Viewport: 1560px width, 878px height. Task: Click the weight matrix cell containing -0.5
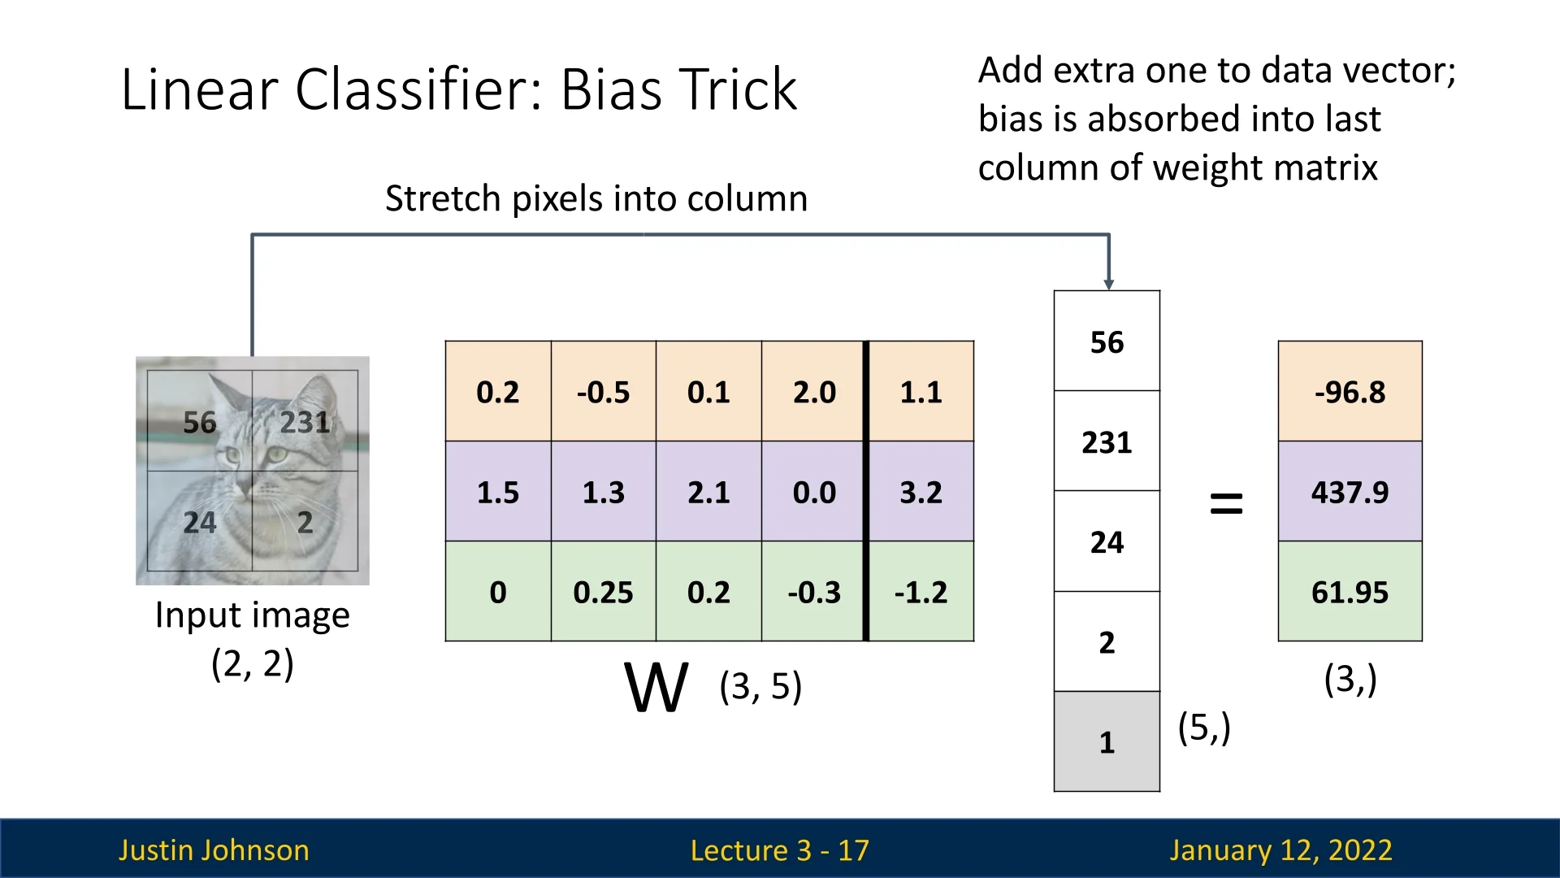point(604,391)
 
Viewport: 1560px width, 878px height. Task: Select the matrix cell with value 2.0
point(813,391)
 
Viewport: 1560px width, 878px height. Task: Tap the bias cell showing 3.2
point(921,492)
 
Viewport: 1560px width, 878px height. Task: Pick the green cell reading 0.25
point(604,592)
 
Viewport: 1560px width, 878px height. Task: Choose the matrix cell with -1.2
point(921,592)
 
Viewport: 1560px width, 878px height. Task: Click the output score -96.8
point(1350,391)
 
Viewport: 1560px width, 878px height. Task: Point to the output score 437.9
point(1350,492)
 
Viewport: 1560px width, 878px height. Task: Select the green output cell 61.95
point(1350,592)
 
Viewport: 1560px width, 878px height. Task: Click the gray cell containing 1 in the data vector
point(1107,741)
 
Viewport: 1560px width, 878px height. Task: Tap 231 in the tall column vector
point(1107,441)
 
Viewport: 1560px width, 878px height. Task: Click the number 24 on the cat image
point(200,522)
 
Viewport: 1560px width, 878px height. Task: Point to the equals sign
point(1227,503)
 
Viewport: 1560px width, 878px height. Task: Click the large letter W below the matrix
point(656,687)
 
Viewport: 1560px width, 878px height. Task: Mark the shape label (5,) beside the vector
point(1204,727)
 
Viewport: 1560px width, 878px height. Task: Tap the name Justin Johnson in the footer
point(214,850)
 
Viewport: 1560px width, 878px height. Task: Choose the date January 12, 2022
point(1280,850)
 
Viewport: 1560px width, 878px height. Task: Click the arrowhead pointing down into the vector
point(1109,285)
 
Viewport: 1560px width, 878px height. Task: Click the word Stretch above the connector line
point(442,198)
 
